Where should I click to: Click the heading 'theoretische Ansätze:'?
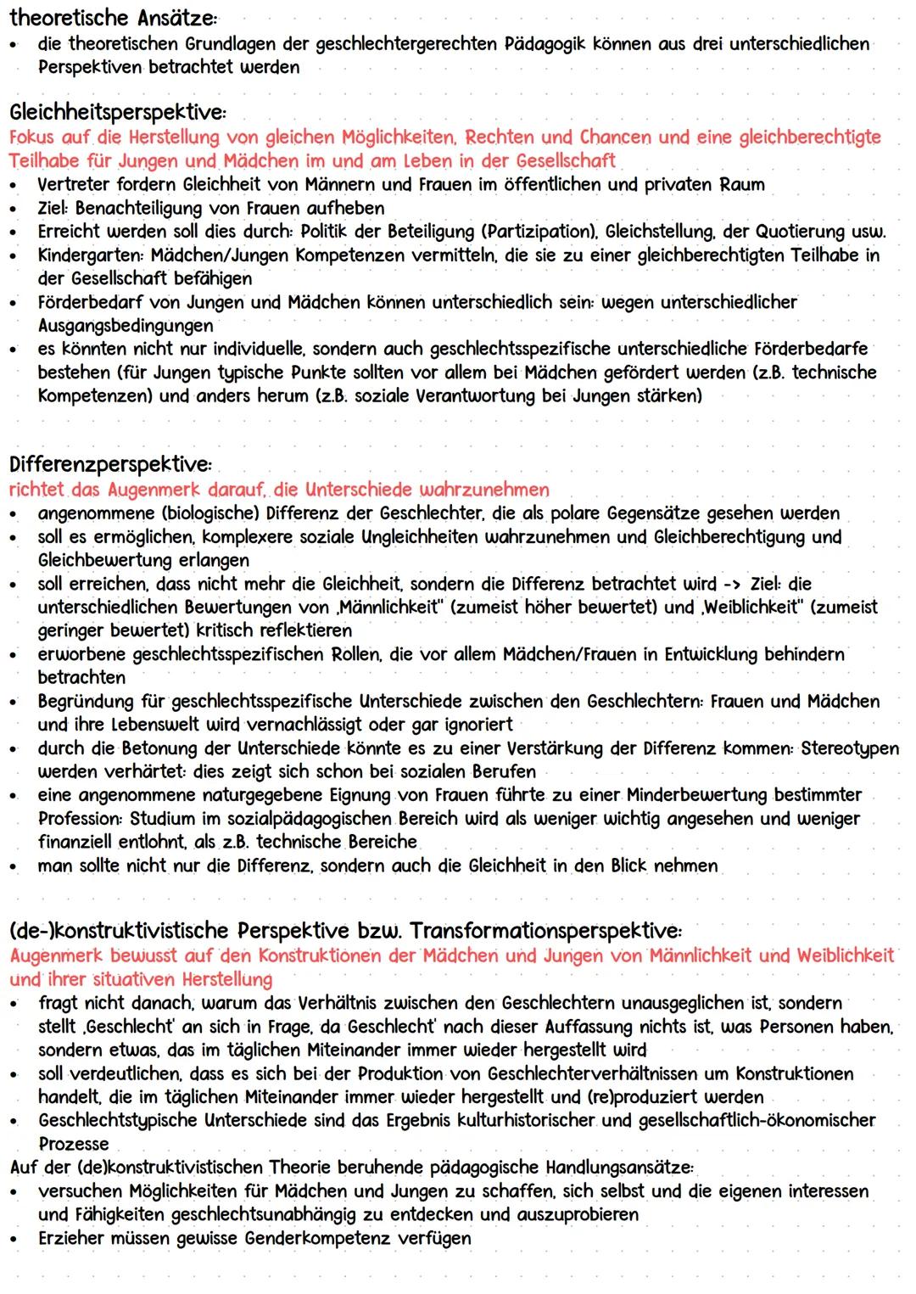tap(113, 18)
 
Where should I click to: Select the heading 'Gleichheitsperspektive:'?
tap(118, 113)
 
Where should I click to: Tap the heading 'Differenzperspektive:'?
tap(109, 465)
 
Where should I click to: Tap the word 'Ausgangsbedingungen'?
tap(126, 326)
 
